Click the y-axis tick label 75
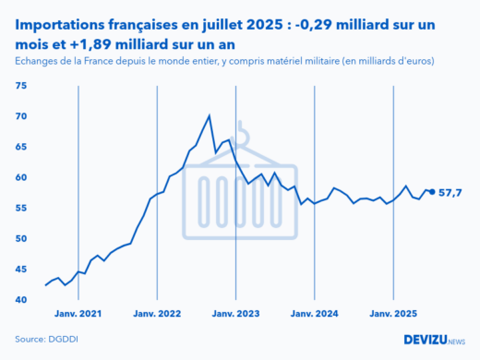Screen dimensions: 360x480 pyautogui.click(x=22, y=86)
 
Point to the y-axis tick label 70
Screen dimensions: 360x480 pyautogui.click(x=22, y=116)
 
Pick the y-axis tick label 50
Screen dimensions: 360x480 pyautogui.click(x=22, y=238)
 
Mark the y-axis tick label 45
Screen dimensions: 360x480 pyautogui.click(x=22, y=269)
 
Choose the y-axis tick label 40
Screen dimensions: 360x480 pyautogui.click(x=22, y=300)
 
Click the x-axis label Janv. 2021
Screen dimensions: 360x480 pyautogui.click(x=78, y=314)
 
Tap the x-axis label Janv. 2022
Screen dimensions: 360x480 pyautogui.click(x=157, y=314)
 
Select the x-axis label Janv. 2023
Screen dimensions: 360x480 pyautogui.click(x=236, y=314)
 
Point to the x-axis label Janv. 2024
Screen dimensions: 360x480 pyautogui.click(x=315, y=314)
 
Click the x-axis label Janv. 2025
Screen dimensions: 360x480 pyautogui.click(x=394, y=314)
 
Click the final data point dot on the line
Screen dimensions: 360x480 pyautogui.click(x=432, y=192)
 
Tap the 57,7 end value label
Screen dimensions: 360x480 pyautogui.click(x=450, y=192)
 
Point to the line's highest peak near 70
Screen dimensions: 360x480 pyautogui.click(x=210, y=115)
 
